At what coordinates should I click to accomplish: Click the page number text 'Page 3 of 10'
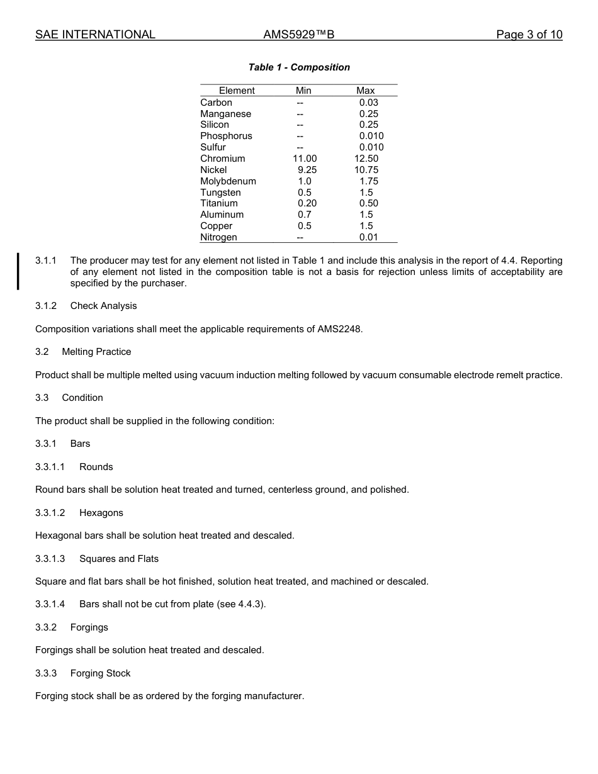[529, 35]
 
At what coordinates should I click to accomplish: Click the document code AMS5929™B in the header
[299, 35]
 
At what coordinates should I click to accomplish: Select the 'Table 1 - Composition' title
[299, 67]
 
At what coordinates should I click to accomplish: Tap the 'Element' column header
[237, 91]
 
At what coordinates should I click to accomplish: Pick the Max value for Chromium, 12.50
[366, 159]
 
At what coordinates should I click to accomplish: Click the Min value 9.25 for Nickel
[307, 170]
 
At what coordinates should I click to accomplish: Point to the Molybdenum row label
[228, 181]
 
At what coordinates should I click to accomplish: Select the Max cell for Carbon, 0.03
[369, 103]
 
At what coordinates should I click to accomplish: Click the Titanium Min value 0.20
[307, 203]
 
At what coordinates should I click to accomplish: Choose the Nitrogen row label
[218, 237]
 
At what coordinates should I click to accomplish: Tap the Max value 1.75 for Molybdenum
[369, 181]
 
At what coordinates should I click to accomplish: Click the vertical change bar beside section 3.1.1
[18, 271]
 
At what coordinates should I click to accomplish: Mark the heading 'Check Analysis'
[103, 306]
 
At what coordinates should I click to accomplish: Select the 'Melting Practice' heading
[96, 352]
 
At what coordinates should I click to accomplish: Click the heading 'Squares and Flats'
[119, 559]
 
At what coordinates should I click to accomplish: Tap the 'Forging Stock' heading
[100, 673]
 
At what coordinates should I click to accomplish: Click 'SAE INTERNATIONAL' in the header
[95, 35]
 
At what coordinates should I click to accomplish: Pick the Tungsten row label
[220, 193]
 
